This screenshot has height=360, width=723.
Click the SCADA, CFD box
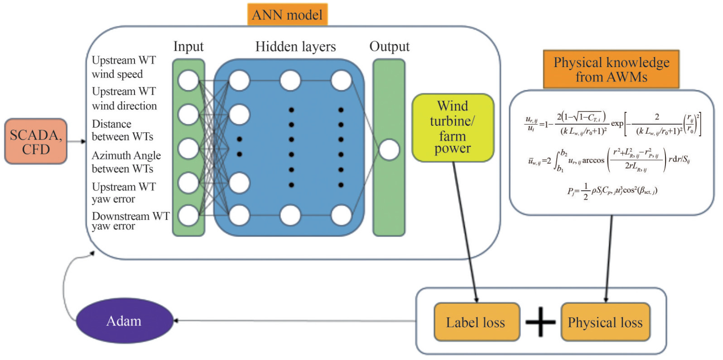[x=36, y=141]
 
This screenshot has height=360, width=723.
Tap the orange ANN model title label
[x=287, y=15]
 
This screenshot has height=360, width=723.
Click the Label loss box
[x=476, y=322]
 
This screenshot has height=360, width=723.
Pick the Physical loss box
[x=605, y=322]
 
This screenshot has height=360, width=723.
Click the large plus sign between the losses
[x=540, y=322]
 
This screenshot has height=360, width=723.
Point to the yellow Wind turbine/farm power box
[x=453, y=127]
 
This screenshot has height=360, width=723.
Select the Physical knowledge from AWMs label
[x=611, y=69]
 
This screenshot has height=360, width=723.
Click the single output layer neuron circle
[x=389, y=150]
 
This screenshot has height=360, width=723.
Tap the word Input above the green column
[x=188, y=47]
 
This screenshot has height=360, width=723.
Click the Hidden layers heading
[x=295, y=47]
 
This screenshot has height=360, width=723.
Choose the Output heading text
[x=389, y=47]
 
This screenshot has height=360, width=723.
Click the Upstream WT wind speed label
[x=124, y=67]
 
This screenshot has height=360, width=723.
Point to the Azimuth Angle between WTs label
[x=126, y=162]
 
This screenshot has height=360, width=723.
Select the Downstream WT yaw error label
[x=130, y=221]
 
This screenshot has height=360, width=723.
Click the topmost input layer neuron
[x=188, y=81]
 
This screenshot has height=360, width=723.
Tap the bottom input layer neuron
[x=188, y=216]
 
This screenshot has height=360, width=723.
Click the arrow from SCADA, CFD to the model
[x=77, y=142]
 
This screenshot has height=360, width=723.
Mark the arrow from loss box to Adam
[x=294, y=321]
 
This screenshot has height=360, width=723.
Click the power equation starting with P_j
[x=612, y=191]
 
